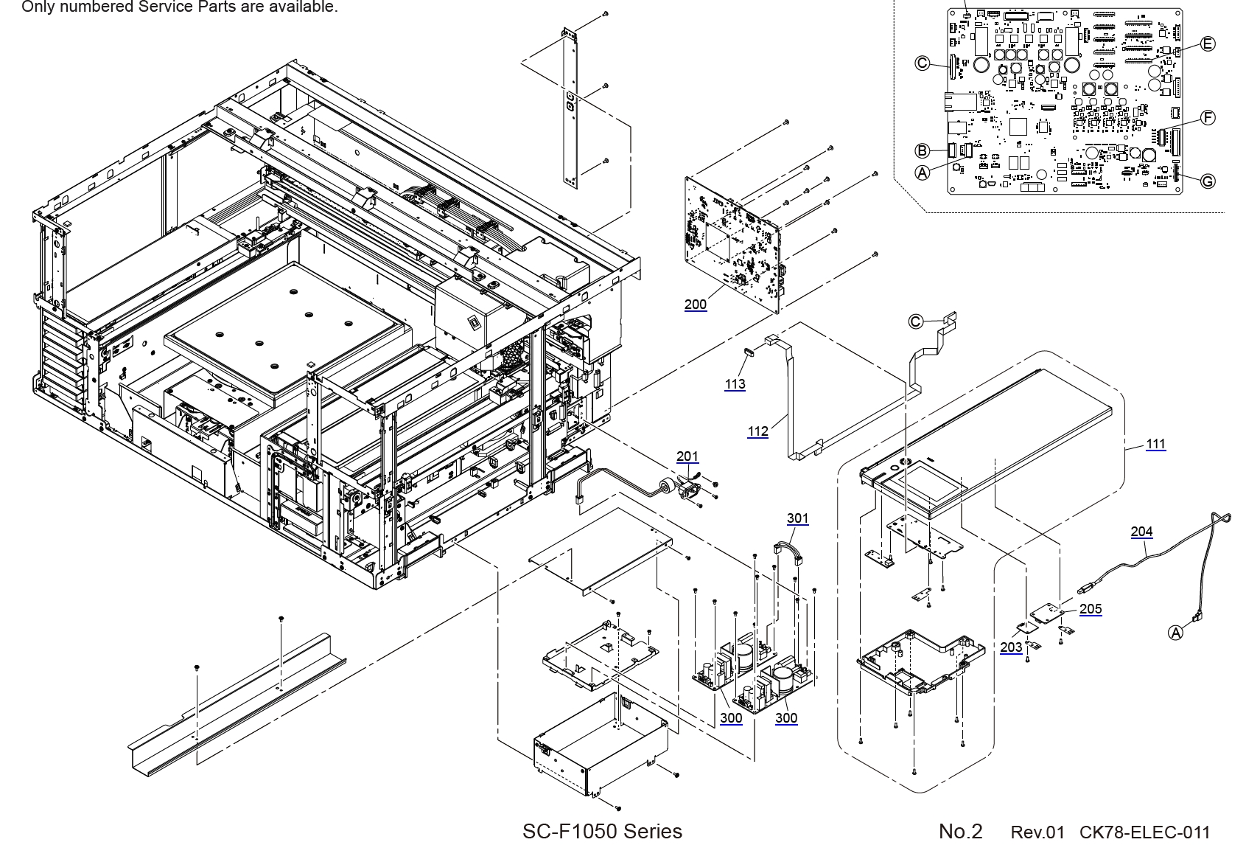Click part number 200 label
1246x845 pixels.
(695, 304)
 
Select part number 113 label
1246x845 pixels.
(735, 384)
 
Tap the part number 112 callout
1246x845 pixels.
(757, 431)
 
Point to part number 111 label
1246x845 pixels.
(1155, 444)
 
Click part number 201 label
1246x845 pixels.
(687, 457)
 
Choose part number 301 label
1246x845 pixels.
(797, 518)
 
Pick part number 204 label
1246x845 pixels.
(1141, 532)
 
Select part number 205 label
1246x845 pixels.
(1091, 609)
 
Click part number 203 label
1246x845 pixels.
(1011, 647)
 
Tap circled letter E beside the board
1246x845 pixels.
(1208, 44)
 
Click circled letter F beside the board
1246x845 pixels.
(1208, 117)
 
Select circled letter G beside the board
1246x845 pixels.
(1208, 181)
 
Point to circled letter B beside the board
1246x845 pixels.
(922, 151)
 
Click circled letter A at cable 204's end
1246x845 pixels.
(1176, 633)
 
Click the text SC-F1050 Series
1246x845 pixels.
(602, 831)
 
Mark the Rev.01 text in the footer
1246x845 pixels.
(1037, 832)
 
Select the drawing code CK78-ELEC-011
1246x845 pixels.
(1144, 832)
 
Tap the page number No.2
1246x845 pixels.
(960, 832)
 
